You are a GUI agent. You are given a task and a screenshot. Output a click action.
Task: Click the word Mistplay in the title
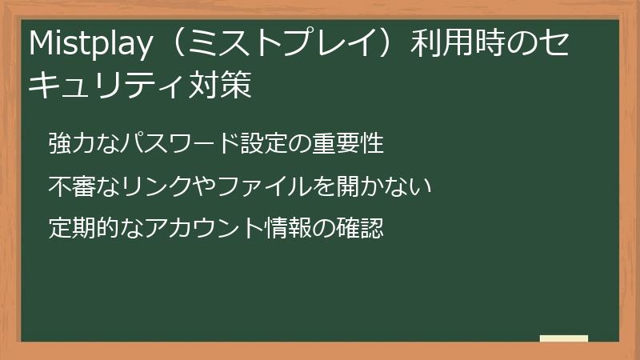(87, 46)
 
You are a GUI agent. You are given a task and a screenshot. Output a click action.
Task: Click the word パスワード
(174, 145)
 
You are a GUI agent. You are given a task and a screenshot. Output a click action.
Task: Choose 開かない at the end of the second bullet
(382, 187)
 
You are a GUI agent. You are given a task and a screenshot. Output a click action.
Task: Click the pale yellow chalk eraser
(564, 338)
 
